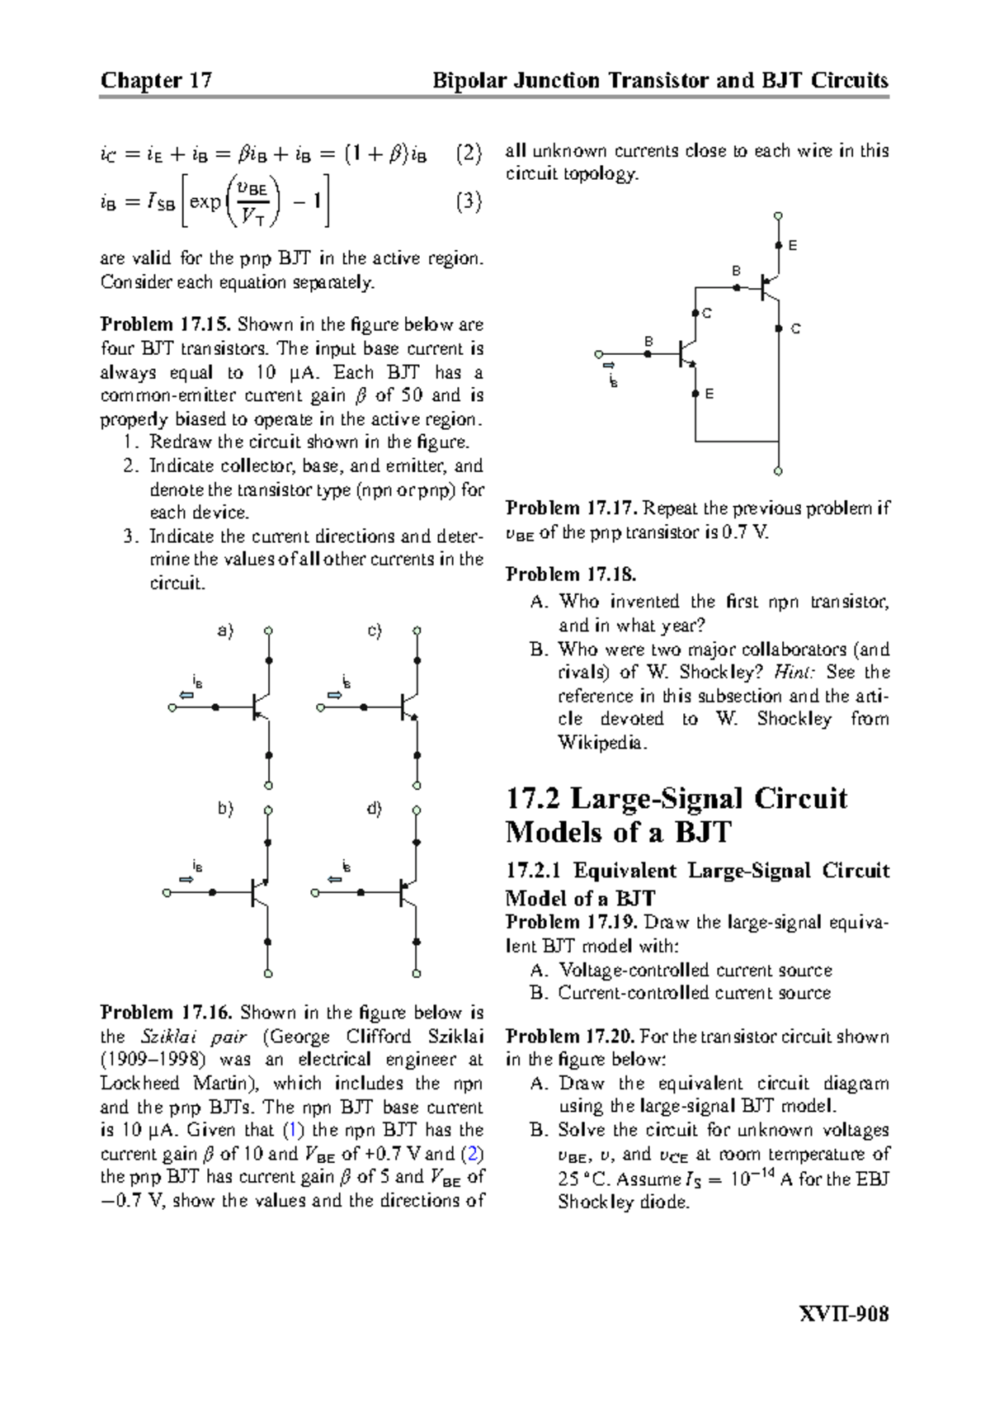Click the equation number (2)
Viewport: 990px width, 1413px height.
(x=468, y=154)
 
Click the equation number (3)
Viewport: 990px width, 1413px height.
(x=468, y=202)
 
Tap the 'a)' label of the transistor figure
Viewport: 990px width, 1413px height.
(x=225, y=631)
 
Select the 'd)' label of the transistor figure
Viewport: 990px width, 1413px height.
(x=375, y=810)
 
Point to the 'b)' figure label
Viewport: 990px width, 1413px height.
(x=225, y=810)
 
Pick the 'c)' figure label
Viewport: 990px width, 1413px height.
(x=375, y=631)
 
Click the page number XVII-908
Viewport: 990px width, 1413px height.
(x=846, y=1314)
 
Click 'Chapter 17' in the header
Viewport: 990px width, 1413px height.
(x=156, y=80)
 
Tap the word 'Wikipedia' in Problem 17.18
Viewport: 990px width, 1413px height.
(x=598, y=743)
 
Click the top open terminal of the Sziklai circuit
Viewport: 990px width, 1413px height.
(x=778, y=216)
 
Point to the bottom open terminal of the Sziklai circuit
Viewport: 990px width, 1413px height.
(x=778, y=472)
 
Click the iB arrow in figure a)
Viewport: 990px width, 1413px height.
(x=188, y=695)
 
